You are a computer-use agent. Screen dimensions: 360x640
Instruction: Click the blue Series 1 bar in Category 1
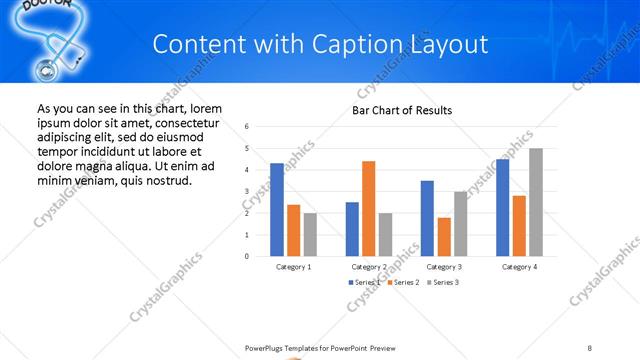277,209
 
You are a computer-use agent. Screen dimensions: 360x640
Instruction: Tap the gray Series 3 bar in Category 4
536,202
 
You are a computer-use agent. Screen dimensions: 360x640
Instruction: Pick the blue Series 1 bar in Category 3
427,218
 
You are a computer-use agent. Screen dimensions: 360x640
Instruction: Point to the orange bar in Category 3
443,236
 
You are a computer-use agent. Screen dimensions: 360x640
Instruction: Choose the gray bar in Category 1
310,234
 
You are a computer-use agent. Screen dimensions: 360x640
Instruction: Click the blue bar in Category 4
502,207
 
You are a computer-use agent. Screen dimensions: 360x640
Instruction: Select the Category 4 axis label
518,267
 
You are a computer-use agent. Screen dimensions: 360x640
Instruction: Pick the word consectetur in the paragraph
189,122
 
